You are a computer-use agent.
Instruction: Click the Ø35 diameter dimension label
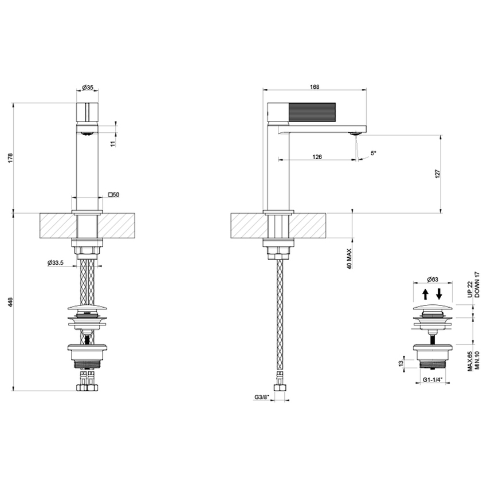[88, 87]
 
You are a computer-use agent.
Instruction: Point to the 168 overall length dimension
[314, 87]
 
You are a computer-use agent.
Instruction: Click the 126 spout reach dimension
[317, 156]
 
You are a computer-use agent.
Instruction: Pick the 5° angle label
[374, 153]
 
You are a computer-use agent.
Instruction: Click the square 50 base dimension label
[113, 195]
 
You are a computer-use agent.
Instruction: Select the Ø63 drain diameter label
[433, 280]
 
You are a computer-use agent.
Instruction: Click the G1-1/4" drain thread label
[433, 380]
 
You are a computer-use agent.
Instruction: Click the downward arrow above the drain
[439, 294]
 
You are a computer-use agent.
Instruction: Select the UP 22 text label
[469, 288]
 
